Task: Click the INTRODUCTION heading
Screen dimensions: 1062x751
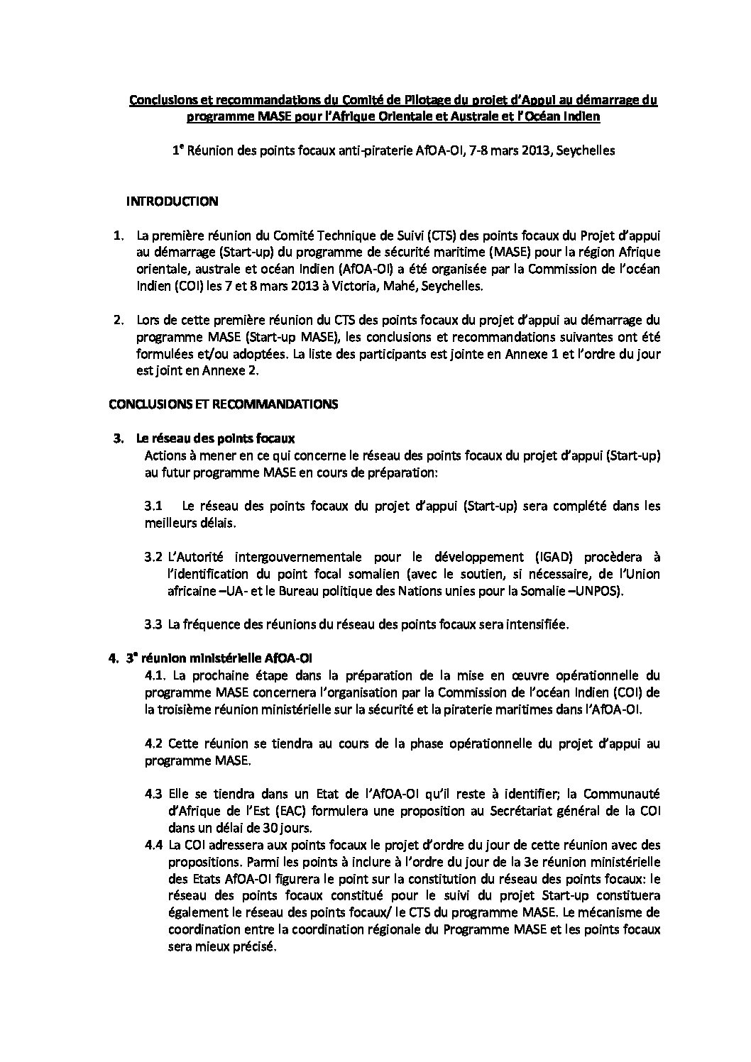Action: coord(172,201)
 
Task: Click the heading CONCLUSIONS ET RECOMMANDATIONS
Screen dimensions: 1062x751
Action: coord(223,404)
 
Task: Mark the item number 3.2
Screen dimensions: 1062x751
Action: coord(153,557)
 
